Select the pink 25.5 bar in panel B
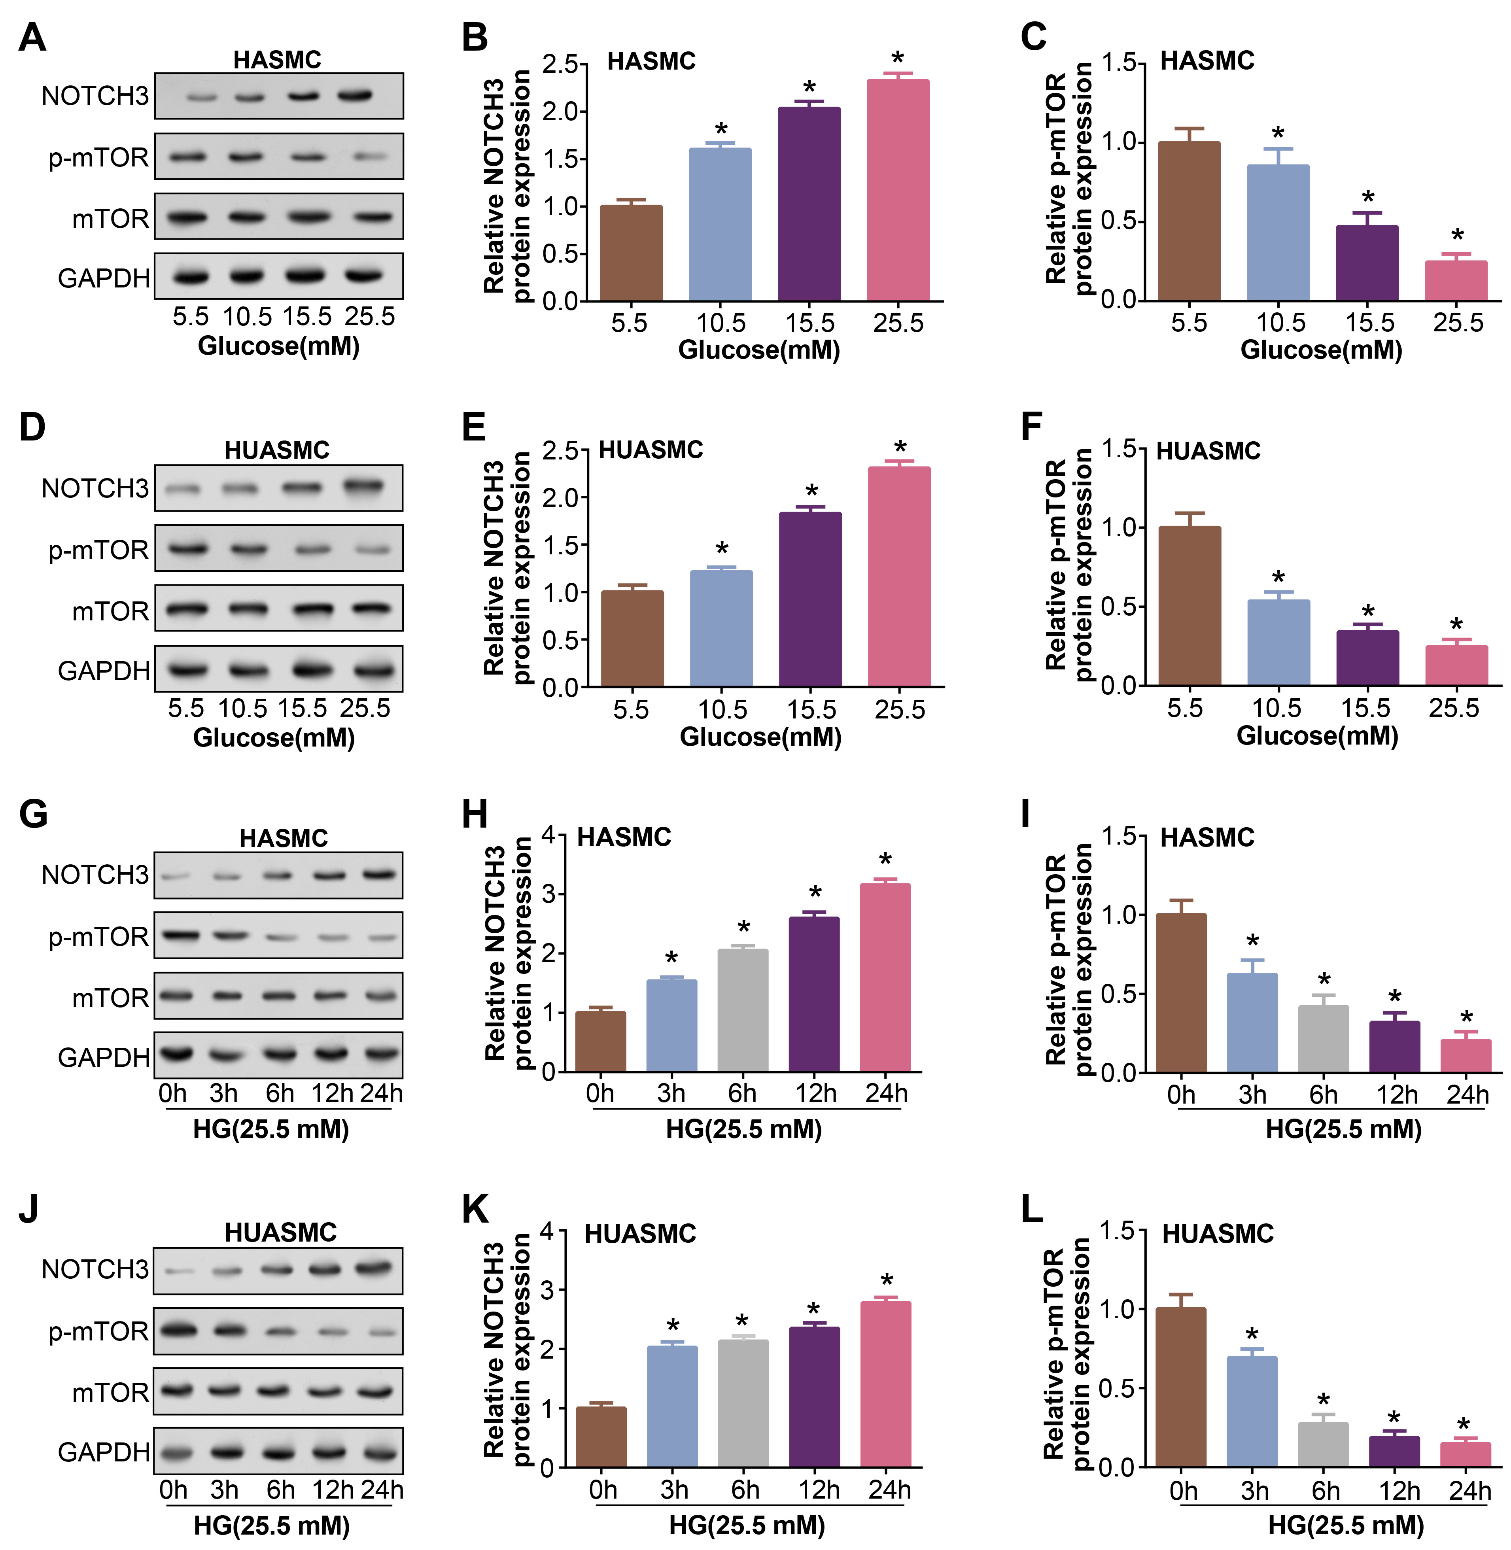coord(898,191)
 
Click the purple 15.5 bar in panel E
coord(810,599)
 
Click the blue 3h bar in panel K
coord(672,1406)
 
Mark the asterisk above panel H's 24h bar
coord(885,860)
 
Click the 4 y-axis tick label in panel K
coord(547,1231)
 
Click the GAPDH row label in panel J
coord(103,1452)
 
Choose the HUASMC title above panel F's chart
coord(1208,451)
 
